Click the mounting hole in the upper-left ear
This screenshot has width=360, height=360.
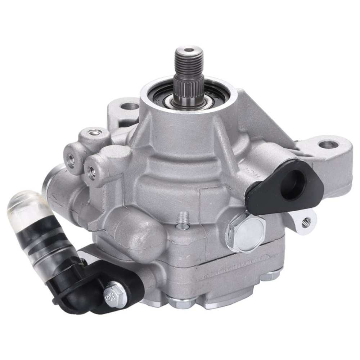pos(130,107)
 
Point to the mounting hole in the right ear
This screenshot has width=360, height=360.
pos(329,145)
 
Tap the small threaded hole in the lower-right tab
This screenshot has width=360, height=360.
pos(306,220)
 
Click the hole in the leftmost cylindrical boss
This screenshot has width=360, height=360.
pos(71,161)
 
